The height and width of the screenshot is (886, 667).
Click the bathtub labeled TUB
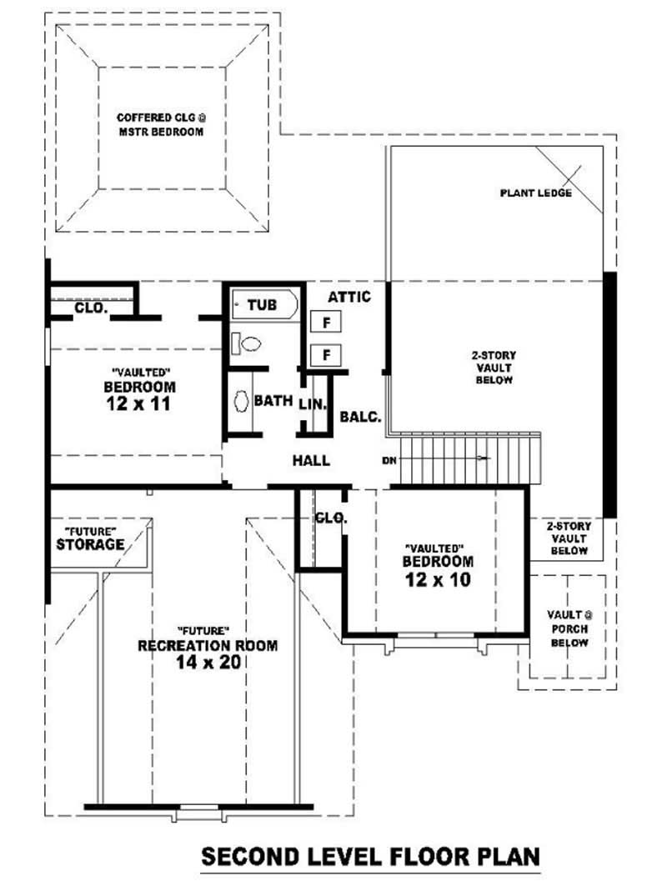[263, 305]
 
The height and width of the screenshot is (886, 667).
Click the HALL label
[311, 460]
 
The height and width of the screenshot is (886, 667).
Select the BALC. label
[361, 417]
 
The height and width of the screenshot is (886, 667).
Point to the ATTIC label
[349, 297]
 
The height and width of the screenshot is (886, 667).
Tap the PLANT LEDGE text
[535, 193]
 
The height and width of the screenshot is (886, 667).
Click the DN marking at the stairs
[389, 460]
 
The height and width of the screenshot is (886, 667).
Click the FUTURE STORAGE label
[90, 539]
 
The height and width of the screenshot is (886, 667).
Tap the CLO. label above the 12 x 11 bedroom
[90, 308]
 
